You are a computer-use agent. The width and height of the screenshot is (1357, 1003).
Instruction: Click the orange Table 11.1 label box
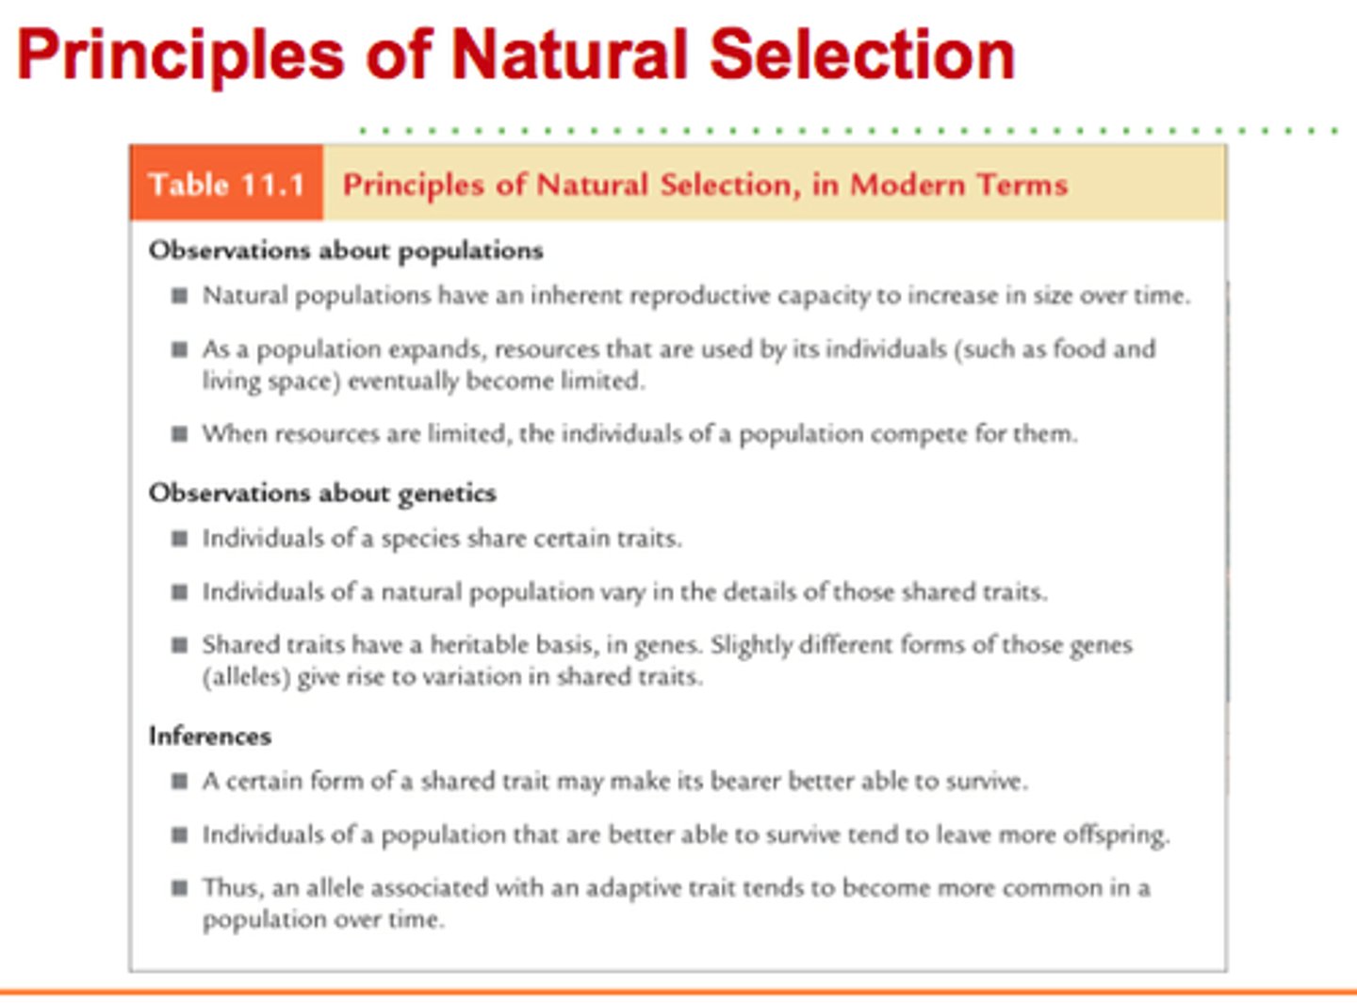[226, 184]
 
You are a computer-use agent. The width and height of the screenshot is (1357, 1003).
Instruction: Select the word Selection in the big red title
[861, 55]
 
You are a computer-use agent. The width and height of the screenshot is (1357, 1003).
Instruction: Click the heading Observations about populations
[346, 251]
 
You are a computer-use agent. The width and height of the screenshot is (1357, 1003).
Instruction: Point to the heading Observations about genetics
[322, 493]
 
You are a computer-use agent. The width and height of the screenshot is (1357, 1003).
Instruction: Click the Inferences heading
[209, 736]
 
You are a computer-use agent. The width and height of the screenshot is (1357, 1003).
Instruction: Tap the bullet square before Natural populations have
[179, 296]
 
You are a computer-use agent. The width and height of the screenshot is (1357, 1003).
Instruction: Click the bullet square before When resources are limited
[179, 434]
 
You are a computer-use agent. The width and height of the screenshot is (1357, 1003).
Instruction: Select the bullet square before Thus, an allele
[179, 888]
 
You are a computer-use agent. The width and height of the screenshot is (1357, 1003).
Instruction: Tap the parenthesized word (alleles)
[245, 677]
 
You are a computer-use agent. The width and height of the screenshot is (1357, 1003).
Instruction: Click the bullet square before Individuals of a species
[179, 539]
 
